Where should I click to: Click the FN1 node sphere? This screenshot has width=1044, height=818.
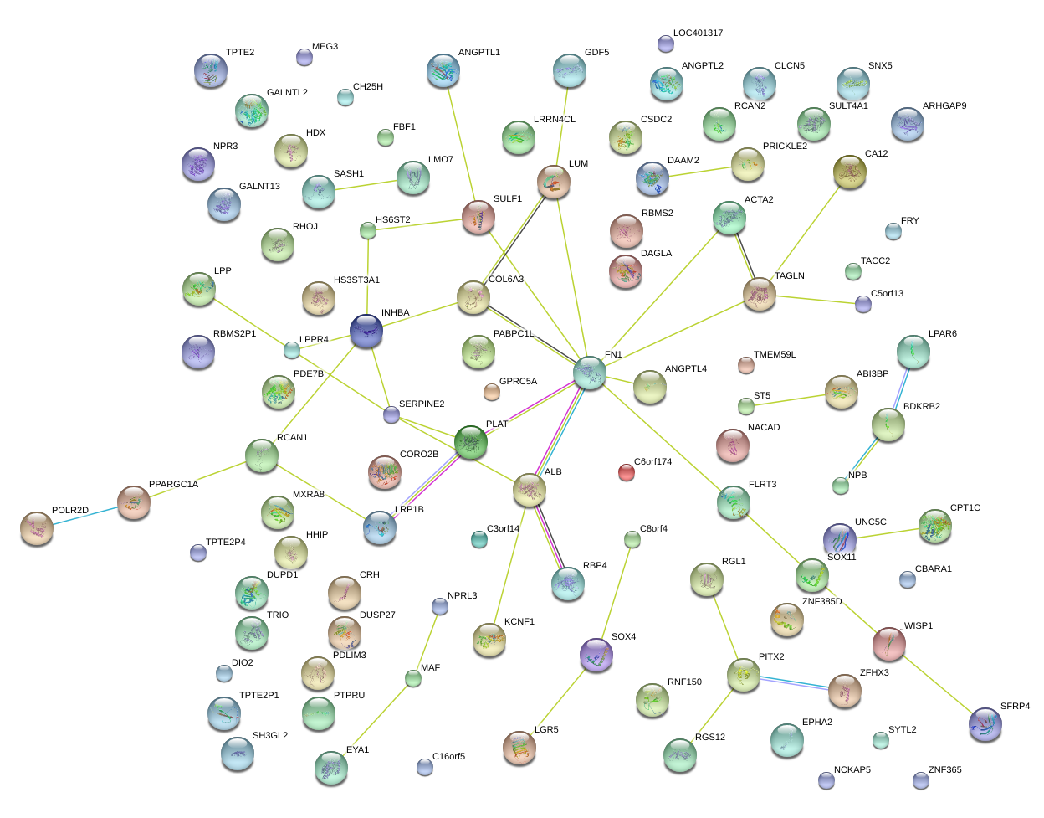pos(590,373)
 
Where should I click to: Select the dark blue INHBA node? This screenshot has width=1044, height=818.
pos(366,332)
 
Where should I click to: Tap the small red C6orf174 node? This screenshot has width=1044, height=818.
pos(627,472)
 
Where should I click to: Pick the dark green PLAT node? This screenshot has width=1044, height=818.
pos(471,442)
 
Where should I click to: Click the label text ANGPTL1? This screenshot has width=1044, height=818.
pos(478,53)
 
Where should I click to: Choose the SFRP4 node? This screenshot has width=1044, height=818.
pos(985,724)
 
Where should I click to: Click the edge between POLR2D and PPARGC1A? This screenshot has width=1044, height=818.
pos(84,516)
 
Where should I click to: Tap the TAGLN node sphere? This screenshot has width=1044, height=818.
pos(760,295)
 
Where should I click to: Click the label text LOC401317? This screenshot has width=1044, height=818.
pos(698,33)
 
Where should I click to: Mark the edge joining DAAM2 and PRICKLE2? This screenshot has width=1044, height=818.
pos(700,172)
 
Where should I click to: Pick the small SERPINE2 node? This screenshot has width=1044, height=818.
pos(391,414)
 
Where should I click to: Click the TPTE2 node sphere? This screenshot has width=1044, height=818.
pos(210,71)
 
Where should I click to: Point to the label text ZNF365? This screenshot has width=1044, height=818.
pos(944,770)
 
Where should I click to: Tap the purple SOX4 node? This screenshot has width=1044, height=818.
pos(596,655)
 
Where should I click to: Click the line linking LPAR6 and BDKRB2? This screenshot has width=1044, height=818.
pos(901,389)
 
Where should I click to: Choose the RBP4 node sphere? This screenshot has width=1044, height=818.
pos(568,584)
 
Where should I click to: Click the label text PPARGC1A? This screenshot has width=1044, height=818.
pos(173,485)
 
